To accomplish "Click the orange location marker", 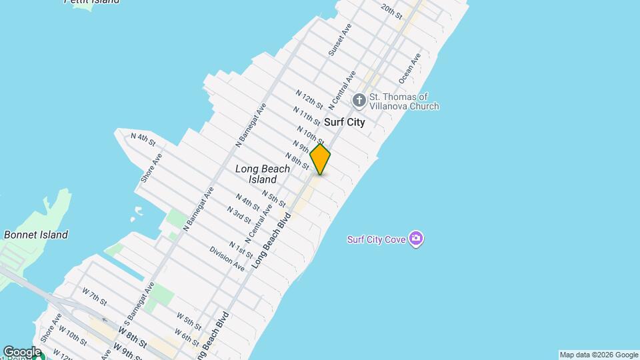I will (x=320, y=159).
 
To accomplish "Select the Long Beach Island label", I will (x=263, y=174).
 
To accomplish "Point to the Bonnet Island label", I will (x=36, y=235).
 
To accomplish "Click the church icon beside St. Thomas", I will (x=359, y=101).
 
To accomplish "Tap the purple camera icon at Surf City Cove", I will (x=417, y=239).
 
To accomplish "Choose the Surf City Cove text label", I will (x=377, y=239).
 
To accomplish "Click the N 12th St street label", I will (x=309, y=100).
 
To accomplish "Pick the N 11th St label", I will (x=307, y=115).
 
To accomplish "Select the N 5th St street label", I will (x=273, y=198).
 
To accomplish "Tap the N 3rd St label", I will (x=238, y=215).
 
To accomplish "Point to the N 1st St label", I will (x=241, y=250).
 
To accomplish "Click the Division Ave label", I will (x=227, y=258).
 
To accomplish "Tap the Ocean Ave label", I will (x=409, y=69).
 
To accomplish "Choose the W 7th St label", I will (x=94, y=297).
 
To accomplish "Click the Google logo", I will (x=21, y=352).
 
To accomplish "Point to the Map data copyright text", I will (x=599, y=355).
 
